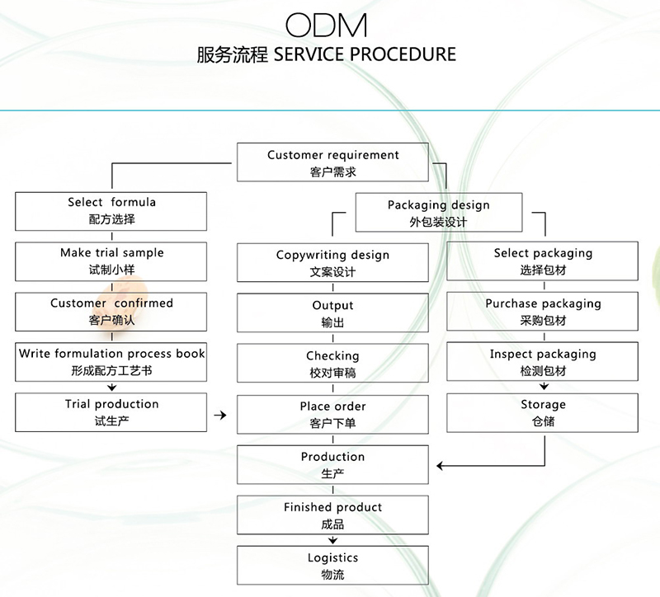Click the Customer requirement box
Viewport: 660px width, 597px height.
click(x=333, y=163)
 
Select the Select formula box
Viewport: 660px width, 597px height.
click(x=111, y=211)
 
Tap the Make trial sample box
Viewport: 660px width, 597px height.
click(x=111, y=261)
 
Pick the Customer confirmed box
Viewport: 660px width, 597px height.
click(x=111, y=312)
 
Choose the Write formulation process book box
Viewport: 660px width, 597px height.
click(x=111, y=362)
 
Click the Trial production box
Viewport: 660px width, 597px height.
click(x=111, y=412)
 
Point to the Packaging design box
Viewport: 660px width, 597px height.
click(x=438, y=213)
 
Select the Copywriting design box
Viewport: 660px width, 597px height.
click(x=333, y=263)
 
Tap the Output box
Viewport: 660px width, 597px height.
click(x=333, y=313)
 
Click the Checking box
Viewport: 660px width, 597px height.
click(x=333, y=364)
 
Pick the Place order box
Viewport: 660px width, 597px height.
click(x=333, y=414)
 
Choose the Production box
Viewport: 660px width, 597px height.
click(x=333, y=464)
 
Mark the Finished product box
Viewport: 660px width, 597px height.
click(x=333, y=515)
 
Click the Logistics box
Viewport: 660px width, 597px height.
click(x=333, y=566)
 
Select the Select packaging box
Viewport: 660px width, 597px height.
click(x=543, y=261)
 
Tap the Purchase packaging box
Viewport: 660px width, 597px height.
click(x=543, y=312)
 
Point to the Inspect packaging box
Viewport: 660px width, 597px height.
click(x=543, y=362)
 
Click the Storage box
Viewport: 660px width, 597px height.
click(x=543, y=412)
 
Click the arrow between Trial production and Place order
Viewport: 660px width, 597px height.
click(x=219, y=415)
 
